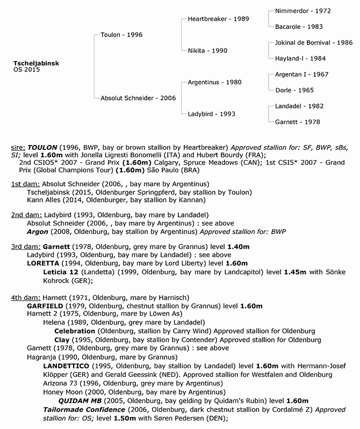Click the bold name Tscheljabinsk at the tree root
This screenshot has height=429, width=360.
(x=37, y=63)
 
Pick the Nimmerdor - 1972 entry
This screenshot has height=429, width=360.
(x=303, y=11)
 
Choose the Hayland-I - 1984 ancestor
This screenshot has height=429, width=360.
(x=300, y=58)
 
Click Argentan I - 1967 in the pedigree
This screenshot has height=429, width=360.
(x=301, y=74)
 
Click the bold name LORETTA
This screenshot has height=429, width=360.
(x=45, y=263)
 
